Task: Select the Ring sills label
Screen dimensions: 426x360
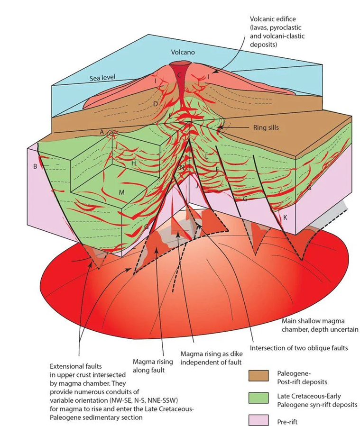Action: pyautogui.click(x=266, y=127)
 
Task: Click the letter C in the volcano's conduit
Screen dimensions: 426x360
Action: pyautogui.click(x=179, y=75)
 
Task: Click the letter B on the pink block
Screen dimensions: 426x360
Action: pyautogui.click(x=35, y=166)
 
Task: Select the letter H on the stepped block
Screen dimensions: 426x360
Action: pyautogui.click(x=134, y=163)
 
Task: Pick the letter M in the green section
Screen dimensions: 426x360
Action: pyautogui.click(x=121, y=192)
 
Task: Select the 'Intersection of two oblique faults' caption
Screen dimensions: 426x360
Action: pyautogui.click(x=300, y=348)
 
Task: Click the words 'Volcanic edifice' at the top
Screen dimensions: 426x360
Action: pyautogui.click(x=273, y=19)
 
